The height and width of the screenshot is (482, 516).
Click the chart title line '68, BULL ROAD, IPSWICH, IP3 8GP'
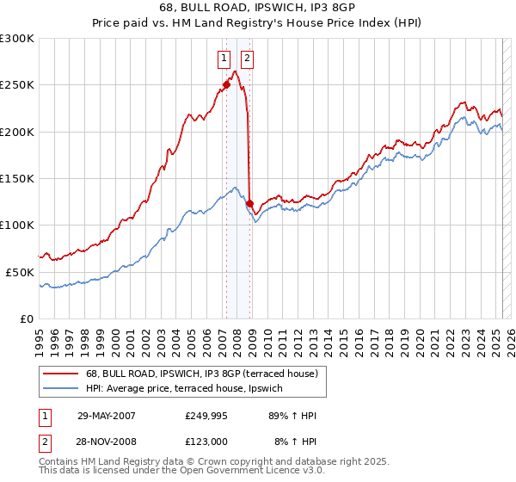(x=258, y=8)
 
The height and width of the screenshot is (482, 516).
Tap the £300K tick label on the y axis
(x=17, y=39)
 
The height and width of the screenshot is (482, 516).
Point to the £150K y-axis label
(x=17, y=179)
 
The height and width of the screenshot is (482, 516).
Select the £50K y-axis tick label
(x=20, y=272)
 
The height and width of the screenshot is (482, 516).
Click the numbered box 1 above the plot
(x=224, y=59)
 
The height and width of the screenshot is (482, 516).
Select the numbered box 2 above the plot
(x=247, y=59)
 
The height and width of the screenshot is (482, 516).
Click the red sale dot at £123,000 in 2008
(x=249, y=203)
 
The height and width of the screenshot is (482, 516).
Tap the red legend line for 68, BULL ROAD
(x=60, y=374)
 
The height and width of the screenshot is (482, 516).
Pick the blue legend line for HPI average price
(x=60, y=388)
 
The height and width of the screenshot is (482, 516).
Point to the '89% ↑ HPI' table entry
(x=292, y=416)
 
